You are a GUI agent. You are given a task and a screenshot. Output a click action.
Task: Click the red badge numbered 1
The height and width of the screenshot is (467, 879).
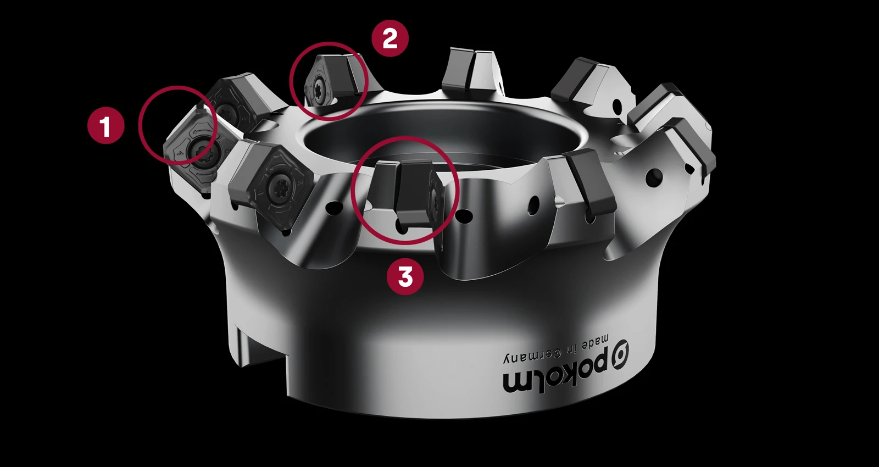click(106, 126)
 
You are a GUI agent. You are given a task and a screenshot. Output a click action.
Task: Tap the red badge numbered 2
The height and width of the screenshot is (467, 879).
click(390, 38)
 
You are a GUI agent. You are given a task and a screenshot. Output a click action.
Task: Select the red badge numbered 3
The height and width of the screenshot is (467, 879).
click(405, 277)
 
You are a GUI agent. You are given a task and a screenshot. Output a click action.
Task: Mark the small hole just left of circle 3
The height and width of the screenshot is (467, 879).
click(334, 207)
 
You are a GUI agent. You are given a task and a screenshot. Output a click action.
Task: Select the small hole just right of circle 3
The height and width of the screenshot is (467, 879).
click(464, 216)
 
